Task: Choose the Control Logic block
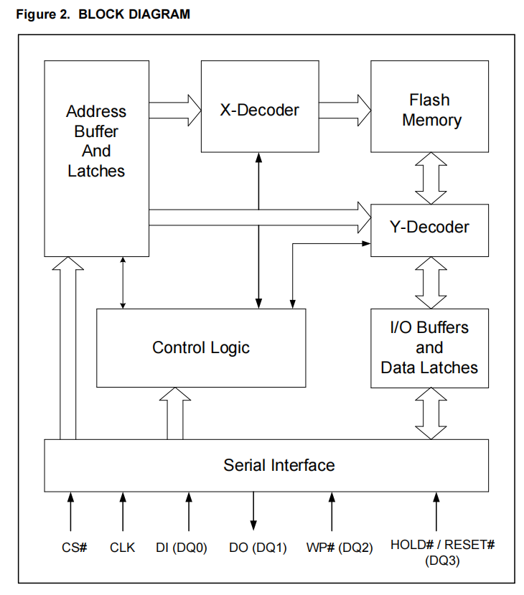pyautogui.click(x=201, y=347)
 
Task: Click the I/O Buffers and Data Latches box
pyautogui.click(x=430, y=348)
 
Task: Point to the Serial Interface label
pyautogui.click(x=279, y=465)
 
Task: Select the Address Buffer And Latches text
pyautogui.click(x=96, y=141)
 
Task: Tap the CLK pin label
pyautogui.click(x=123, y=547)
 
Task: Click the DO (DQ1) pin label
pyautogui.click(x=257, y=547)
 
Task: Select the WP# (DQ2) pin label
pyautogui.click(x=340, y=547)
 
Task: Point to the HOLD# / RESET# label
pyautogui.click(x=442, y=544)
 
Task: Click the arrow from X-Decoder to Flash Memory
pyautogui.click(x=345, y=110)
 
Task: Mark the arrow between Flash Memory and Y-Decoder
pyautogui.click(x=431, y=178)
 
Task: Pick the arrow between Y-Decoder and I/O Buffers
pyautogui.click(x=431, y=283)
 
